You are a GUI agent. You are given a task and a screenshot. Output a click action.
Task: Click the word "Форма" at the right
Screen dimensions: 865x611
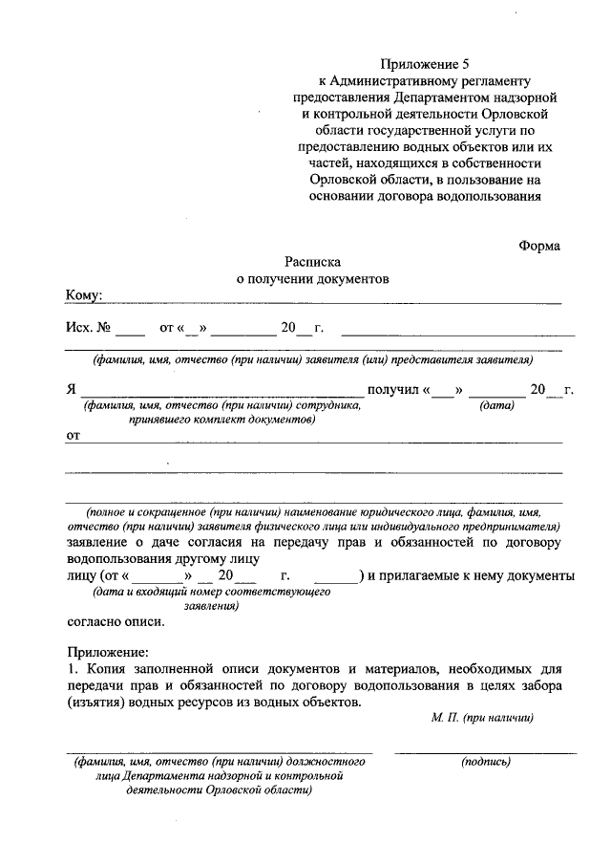point(539,246)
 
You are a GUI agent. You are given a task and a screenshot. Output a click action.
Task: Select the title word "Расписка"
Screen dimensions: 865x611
point(312,262)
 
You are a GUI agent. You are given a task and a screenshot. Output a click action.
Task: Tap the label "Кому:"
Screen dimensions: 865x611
point(84,295)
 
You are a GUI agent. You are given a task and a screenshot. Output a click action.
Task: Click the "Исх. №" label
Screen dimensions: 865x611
point(88,328)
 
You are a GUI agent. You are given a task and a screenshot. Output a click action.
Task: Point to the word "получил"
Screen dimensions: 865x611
point(392,389)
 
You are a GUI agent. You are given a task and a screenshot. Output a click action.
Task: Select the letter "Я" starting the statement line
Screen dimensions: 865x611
point(71,390)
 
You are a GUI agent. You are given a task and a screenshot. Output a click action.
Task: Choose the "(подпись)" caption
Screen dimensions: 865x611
point(486,762)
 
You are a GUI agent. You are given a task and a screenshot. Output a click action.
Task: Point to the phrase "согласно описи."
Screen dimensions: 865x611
point(116,621)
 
